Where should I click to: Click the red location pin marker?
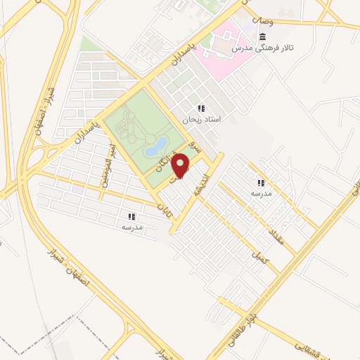click(182, 165)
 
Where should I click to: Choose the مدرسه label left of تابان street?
click(132, 227)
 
